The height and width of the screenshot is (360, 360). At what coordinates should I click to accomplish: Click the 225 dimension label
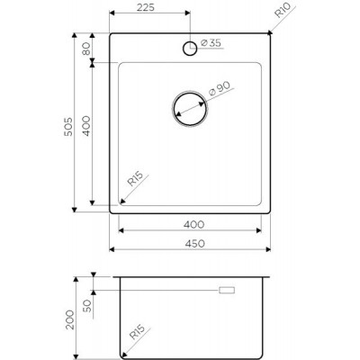point(146,7)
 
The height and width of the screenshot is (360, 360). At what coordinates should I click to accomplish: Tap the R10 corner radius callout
point(282,10)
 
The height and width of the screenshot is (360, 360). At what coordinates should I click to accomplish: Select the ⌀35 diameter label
point(211,43)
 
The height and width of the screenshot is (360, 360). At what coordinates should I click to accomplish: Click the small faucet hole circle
point(190,48)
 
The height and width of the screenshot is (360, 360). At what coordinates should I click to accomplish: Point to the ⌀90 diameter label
point(220,88)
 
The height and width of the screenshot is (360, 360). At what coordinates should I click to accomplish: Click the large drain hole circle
point(190,108)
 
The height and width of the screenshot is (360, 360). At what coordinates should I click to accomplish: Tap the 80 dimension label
point(86,49)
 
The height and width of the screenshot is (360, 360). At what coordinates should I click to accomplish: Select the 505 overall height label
point(68,127)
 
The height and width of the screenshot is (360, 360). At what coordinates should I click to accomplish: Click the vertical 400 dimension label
point(86,126)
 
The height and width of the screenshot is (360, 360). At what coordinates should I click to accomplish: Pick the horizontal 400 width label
point(194,224)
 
